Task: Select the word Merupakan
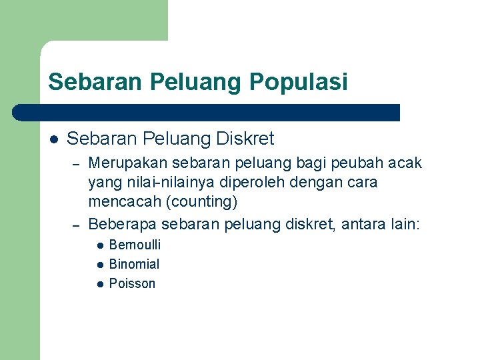coord(128,163)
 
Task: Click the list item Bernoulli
coord(135,245)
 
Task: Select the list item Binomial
coord(134,264)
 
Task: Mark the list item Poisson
coord(132,283)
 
